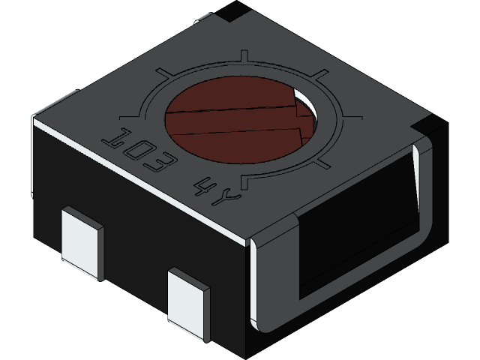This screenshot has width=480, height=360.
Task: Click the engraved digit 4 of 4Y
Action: pos(204,185)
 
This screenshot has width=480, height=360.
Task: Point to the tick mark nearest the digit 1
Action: pos(129,117)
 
